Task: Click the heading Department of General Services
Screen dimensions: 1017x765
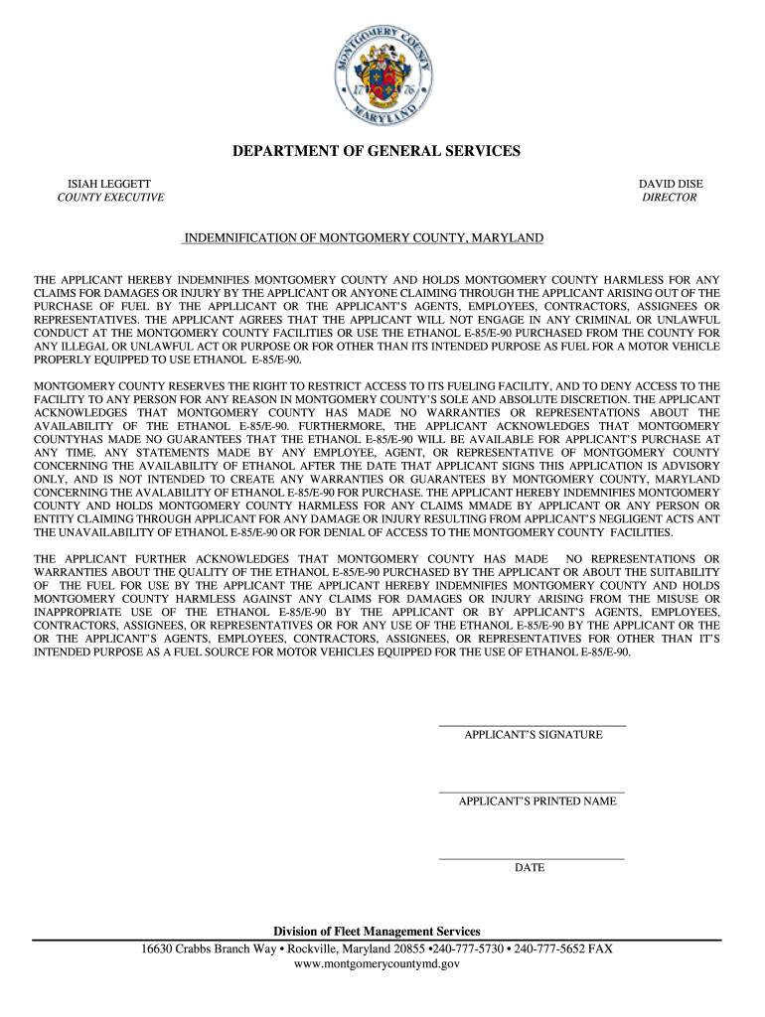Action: click(x=377, y=151)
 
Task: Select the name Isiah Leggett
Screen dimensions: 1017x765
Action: click(x=109, y=184)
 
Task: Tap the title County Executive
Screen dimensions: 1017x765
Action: click(x=110, y=198)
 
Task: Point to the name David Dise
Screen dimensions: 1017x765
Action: click(x=670, y=184)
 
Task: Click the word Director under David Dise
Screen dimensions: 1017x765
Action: click(x=670, y=198)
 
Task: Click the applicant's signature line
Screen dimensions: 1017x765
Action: click(x=532, y=726)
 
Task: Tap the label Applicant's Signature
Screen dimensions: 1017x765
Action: click(x=534, y=735)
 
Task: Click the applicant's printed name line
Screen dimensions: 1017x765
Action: click(x=532, y=792)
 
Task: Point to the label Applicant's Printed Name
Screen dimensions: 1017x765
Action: click(x=537, y=800)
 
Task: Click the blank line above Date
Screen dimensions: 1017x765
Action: click(x=532, y=858)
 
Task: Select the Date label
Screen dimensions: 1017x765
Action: click(x=530, y=867)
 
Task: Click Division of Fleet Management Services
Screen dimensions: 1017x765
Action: click(x=377, y=932)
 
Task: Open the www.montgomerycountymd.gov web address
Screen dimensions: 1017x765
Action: click(x=377, y=963)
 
